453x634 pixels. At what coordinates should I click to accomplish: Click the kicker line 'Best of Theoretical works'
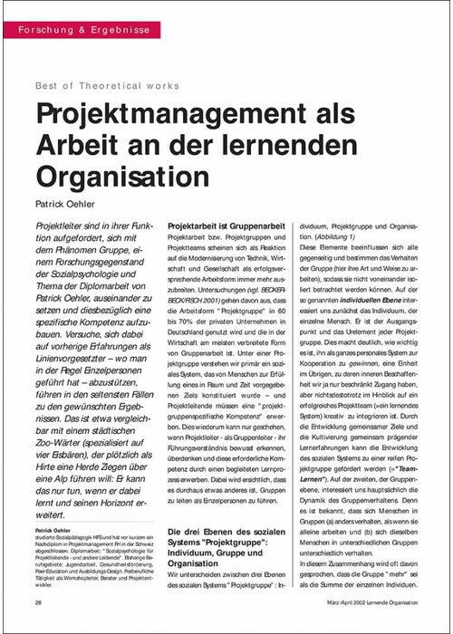[107, 85]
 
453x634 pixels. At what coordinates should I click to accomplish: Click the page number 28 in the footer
[37, 603]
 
